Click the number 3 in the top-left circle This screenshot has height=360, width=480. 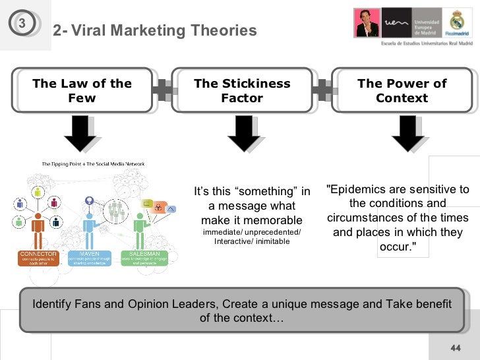(22, 24)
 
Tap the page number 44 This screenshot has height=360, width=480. (455, 348)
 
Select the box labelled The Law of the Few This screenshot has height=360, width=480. (82, 91)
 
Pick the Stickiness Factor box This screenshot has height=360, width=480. (242, 91)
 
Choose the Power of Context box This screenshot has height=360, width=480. (402, 91)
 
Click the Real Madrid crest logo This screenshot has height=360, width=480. (458, 23)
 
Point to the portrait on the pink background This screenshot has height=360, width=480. (367, 22)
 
